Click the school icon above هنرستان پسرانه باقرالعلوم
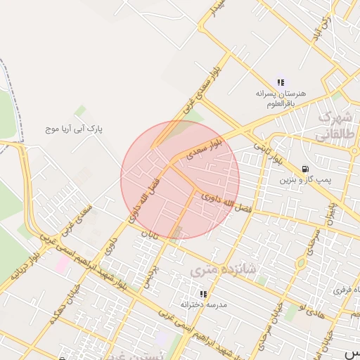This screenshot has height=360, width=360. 281,82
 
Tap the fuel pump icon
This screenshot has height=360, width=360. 304,169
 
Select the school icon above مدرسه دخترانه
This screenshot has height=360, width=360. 203,294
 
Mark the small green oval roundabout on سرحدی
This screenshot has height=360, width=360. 301,264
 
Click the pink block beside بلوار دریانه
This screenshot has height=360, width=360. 63,264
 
